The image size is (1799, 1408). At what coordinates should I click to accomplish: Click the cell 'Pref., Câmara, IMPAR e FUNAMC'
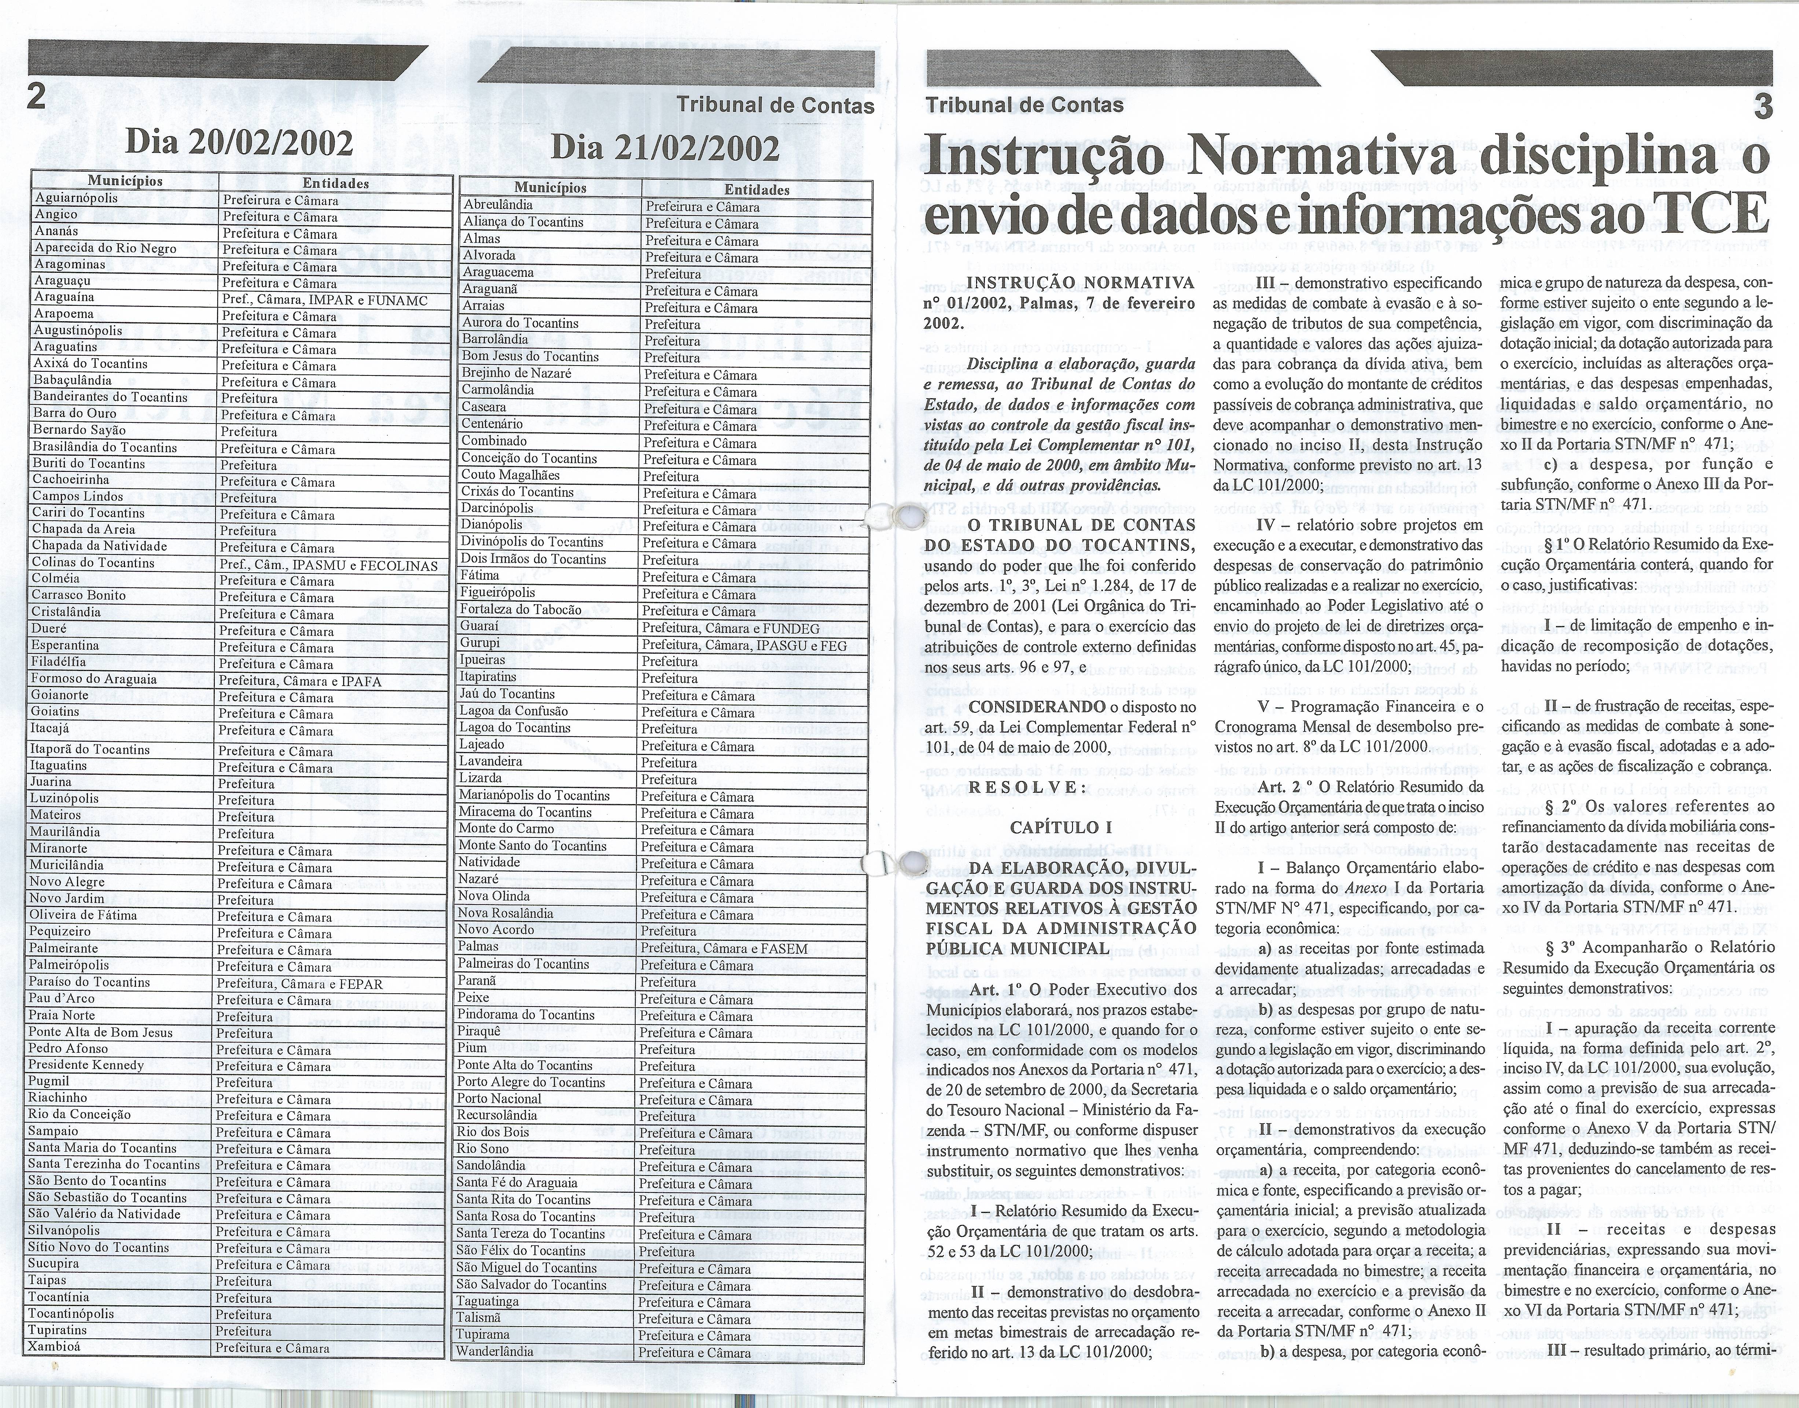(325, 300)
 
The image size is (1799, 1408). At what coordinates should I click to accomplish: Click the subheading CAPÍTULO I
(1055, 827)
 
